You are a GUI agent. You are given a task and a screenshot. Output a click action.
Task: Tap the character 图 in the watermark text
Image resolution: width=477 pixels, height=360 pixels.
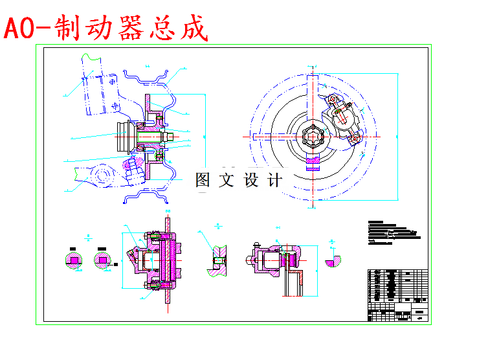[x=203, y=180]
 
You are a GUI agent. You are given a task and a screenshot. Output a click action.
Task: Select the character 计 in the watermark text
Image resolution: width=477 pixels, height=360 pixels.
[x=274, y=180]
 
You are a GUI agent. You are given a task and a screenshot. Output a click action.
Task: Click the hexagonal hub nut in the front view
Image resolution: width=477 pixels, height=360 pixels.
[x=313, y=137]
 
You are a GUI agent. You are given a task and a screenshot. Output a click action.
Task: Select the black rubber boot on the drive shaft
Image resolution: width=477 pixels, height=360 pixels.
[x=122, y=136]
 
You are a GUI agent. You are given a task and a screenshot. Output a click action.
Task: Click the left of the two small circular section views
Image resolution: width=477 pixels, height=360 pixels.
[x=74, y=260]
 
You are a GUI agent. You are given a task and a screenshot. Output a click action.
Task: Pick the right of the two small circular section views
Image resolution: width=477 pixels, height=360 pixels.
[x=102, y=260]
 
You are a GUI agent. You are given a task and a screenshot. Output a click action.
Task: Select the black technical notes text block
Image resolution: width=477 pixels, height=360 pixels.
[x=392, y=233]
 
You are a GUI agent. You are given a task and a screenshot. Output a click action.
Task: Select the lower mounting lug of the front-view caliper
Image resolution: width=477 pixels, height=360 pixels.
[x=355, y=138]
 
